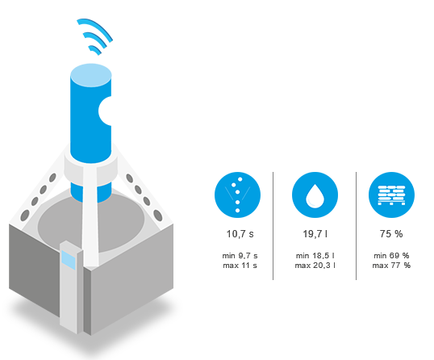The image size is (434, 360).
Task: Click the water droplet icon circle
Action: tap(315, 195)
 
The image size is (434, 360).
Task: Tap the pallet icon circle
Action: tap(391, 195)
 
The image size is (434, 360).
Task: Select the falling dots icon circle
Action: tap(237, 195)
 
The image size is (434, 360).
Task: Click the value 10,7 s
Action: tap(240, 234)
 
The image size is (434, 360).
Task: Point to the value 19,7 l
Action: tap(315, 234)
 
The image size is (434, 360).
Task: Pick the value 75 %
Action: tap(391, 234)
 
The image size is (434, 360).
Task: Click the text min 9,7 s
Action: tap(240, 255)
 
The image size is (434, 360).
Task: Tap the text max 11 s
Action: tap(240, 266)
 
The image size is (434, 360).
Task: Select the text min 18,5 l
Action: tap(315, 255)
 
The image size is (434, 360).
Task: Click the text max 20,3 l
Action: tap(315, 266)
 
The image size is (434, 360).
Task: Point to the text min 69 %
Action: tap(391, 255)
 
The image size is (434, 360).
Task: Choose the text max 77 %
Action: tap(391, 266)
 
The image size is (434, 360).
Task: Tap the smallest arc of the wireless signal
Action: tap(95, 49)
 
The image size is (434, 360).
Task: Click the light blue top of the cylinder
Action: tap(91, 75)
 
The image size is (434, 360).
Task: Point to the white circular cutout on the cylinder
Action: tap(106, 111)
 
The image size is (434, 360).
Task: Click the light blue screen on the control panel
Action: tap(69, 260)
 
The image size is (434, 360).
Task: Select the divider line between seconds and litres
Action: tap(273, 226)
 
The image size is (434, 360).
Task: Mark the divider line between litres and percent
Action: tap(356, 226)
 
